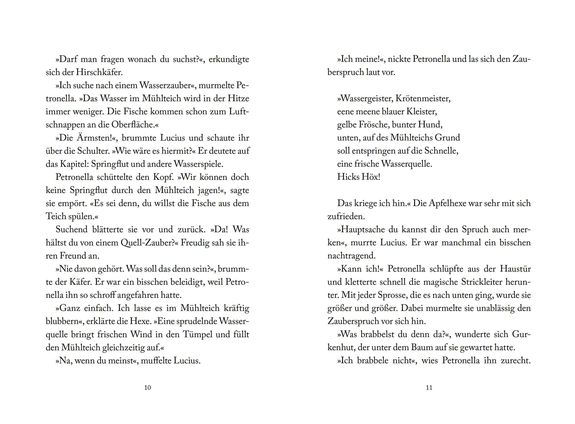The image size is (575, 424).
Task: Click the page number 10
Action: click(x=147, y=388)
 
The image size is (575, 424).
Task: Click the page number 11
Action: click(x=429, y=388)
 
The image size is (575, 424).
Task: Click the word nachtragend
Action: click(x=351, y=256)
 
